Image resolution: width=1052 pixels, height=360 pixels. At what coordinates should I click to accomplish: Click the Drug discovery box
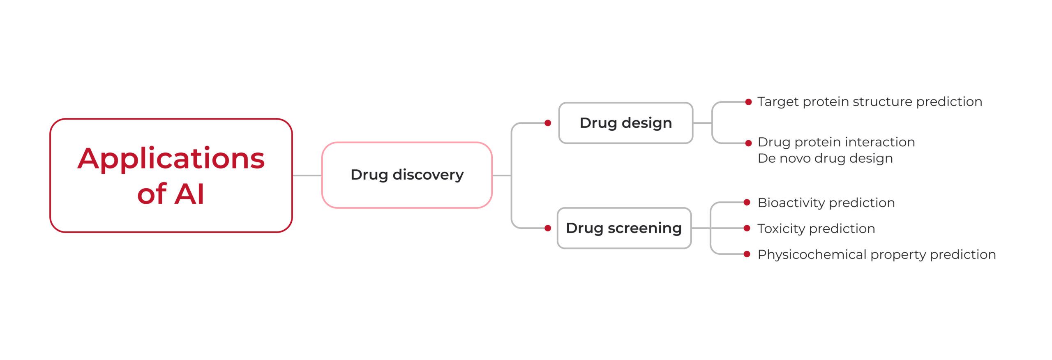(x=407, y=175)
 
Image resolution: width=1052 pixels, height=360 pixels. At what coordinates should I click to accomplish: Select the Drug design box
(x=625, y=123)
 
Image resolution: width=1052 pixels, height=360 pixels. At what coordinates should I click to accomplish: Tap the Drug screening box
(x=624, y=228)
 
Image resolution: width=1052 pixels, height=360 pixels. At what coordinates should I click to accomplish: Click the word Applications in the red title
(x=171, y=159)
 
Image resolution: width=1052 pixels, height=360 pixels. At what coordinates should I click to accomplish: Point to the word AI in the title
(x=189, y=194)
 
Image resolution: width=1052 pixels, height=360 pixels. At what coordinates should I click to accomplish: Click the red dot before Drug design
(x=548, y=123)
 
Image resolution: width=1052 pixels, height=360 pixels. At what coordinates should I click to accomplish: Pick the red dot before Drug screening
(x=548, y=228)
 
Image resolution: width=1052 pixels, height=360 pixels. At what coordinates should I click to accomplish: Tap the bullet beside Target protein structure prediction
(x=749, y=102)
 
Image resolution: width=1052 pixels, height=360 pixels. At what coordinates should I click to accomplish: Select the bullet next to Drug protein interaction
(x=749, y=143)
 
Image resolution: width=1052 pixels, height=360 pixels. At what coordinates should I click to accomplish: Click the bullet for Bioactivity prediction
(x=747, y=202)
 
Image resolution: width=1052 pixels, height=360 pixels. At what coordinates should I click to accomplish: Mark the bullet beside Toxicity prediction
(x=747, y=228)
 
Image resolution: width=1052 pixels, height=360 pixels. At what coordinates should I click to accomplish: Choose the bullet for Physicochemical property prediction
(x=747, y=254)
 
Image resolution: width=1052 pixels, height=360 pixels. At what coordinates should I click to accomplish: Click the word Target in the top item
(x=778, y=102)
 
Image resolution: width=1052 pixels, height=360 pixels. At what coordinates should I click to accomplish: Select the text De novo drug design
(x=825, y=158)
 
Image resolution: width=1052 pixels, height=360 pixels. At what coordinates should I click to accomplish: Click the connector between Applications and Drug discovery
(x=307, y=175)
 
